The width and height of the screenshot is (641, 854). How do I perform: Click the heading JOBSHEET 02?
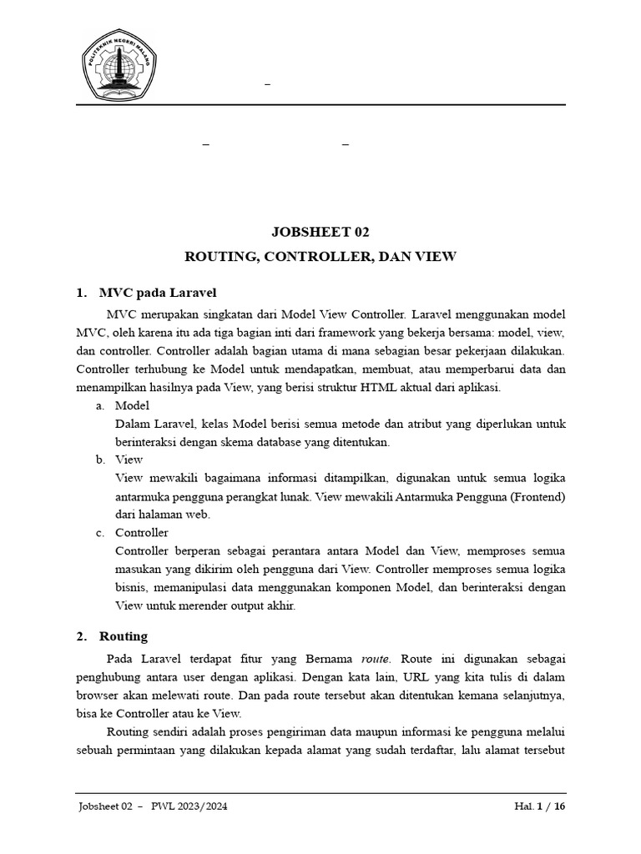click(x=320, y=232)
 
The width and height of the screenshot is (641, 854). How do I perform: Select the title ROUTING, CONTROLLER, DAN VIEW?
click(x=320, y=257)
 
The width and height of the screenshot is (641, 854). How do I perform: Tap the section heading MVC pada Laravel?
click(x=158, y=293)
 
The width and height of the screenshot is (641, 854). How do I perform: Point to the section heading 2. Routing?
click(x=123, y=636)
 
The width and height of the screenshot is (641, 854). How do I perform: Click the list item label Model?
click(x=132, y=405)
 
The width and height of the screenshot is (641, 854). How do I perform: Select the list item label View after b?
click(x=129, y=460)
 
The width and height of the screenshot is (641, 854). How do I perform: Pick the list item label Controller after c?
click(x=142, y=532)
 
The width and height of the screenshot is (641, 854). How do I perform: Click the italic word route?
click(x=375, y=659)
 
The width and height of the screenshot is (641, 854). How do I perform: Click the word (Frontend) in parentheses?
click(x=538, y=496)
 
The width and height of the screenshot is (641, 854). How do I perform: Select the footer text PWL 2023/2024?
click(x=189, y=806)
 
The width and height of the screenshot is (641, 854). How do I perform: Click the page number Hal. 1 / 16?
click(x=539, y=806)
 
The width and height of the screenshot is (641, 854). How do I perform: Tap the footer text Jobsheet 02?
click(x=105, y=806)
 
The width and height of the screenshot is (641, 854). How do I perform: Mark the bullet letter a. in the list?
click(x=99, y=405)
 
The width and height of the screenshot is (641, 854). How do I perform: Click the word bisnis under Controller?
click(x=130, y=587)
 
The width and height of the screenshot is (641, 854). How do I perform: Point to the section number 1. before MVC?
click(x=81, y=293)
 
